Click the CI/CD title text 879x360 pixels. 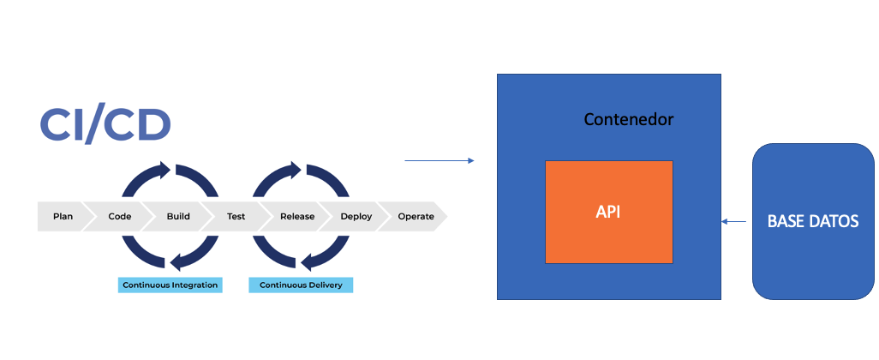105,125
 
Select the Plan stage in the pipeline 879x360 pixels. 63,217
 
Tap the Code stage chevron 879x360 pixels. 120,217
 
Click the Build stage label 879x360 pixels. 178,217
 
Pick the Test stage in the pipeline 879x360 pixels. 236,217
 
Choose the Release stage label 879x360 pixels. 297,217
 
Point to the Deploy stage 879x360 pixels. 356,217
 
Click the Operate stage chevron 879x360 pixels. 416,217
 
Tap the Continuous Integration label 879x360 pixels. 170,285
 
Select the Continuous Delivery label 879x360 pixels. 301,285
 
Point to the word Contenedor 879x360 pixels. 628,119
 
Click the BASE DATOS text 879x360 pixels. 812,221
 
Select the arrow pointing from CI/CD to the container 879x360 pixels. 439,160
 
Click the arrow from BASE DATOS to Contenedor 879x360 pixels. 733,222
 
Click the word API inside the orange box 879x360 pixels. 608,211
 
